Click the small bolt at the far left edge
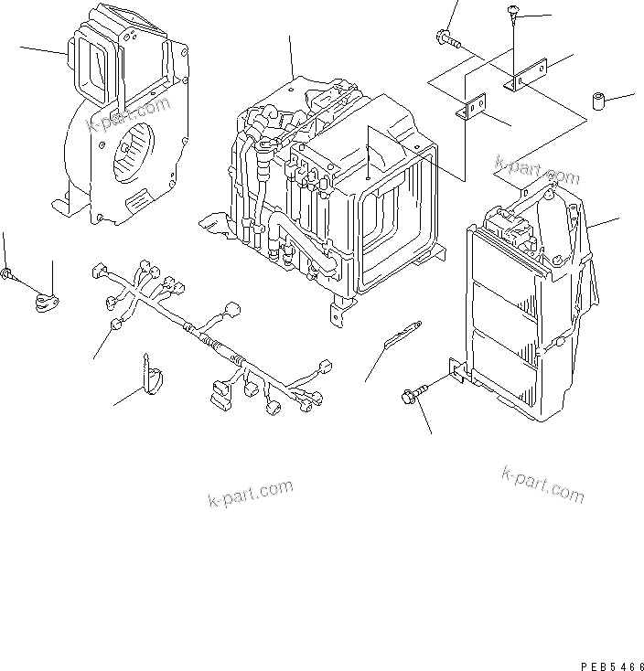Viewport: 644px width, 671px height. point(7,273)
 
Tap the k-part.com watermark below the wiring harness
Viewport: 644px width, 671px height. point(250,495)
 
